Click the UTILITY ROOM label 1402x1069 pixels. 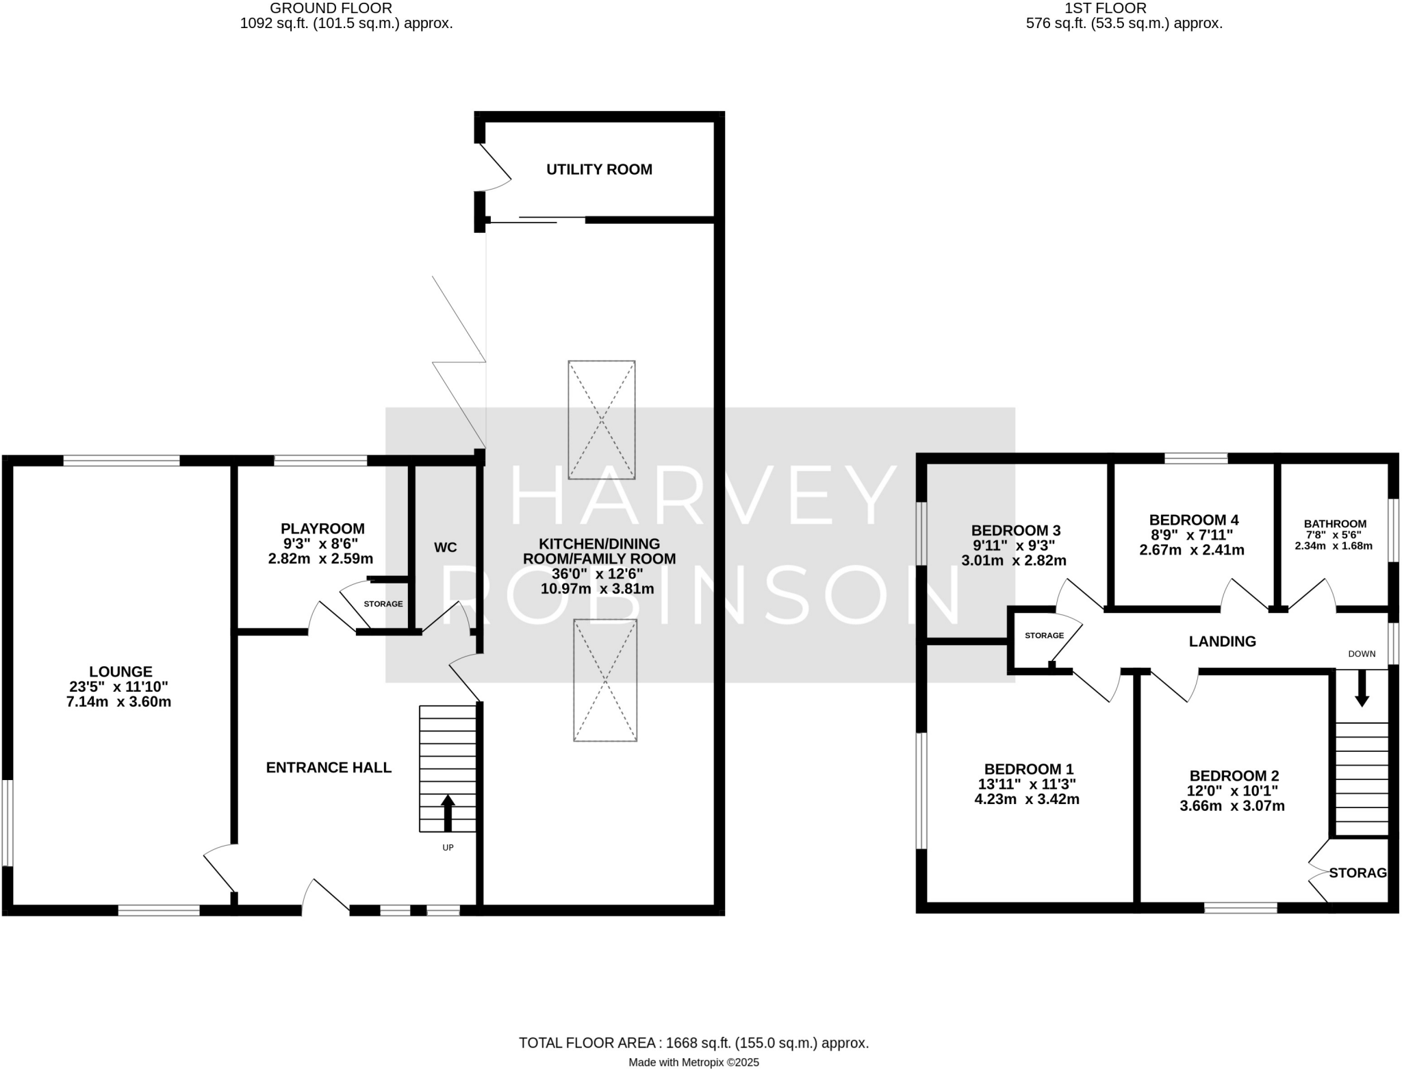coord(599,169)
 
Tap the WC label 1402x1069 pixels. coord(445,547)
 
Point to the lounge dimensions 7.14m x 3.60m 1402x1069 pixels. coord(119,701)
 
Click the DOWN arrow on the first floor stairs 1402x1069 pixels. coord(1362,688)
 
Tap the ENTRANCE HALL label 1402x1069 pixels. coord(329,768)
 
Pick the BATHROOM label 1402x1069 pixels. coord(1335,524)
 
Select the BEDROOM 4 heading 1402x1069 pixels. coord(1193,520)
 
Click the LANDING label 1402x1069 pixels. coord(1222,642)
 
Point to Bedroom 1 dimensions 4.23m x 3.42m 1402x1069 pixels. coord(1026,798)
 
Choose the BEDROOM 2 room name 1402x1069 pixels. coord(1234,776)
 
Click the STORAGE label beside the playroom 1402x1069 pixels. coord(383,604)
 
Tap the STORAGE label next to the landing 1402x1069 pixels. coord(1044,636)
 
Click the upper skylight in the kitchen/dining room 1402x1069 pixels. coord(602,420)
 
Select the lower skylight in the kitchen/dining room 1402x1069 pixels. coord(605,680)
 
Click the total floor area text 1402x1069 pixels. coord(693,1043)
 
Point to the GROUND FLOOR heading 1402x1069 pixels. coord(331,8)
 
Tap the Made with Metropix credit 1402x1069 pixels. coord(693,1063)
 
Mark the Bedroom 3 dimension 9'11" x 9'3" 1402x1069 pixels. coord(1013,545)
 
